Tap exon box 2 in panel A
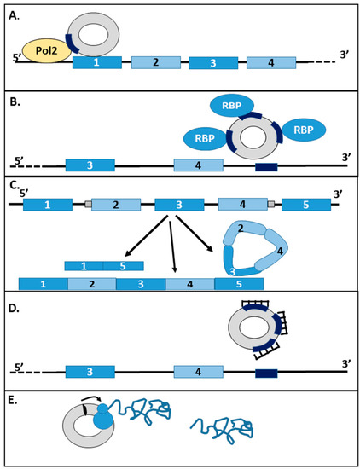click(155, 62)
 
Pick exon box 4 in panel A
click(271, 62)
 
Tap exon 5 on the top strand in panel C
click(307, 206)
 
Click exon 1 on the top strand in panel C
click(48, 206)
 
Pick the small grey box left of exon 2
click(88, 206)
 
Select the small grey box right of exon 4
click(271, 206)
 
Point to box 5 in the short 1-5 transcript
click(123, 266)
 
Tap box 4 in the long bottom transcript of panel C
click(189, 283)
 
